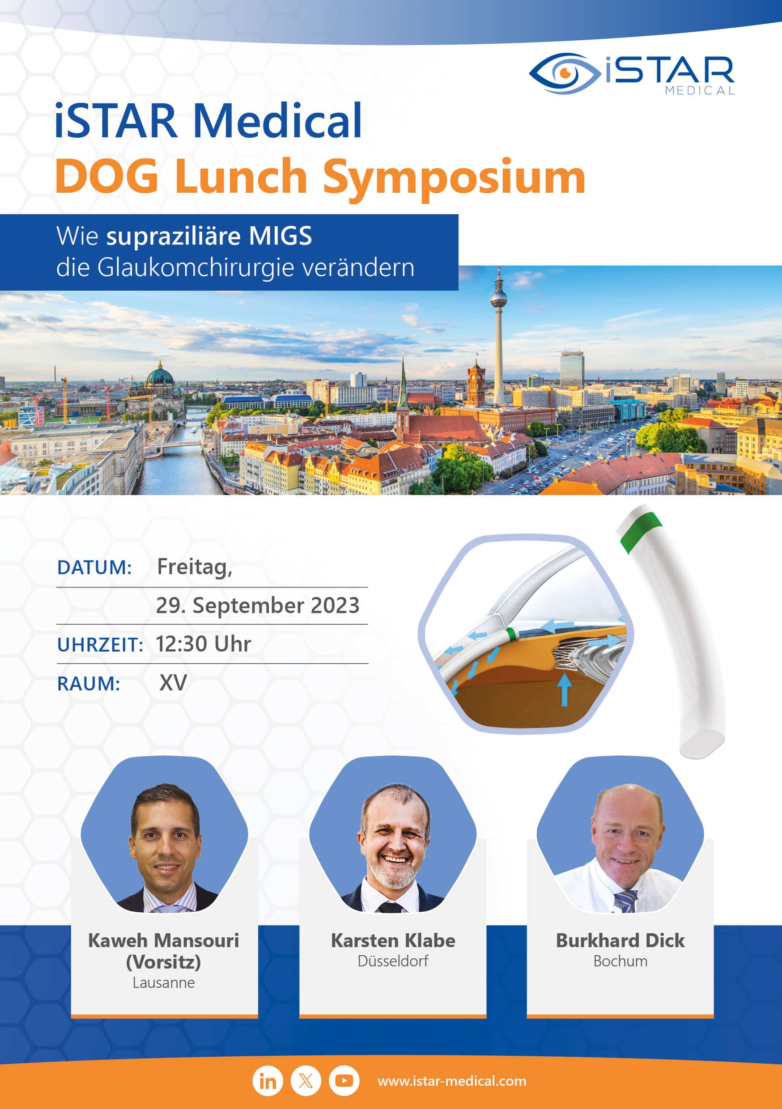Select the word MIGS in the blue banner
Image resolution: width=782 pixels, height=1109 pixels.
tap(280, 236)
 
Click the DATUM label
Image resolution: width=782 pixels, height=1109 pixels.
tap(94, 567)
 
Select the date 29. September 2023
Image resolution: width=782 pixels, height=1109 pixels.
tap(258, 605)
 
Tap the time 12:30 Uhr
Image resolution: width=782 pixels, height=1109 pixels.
tap(203, 644)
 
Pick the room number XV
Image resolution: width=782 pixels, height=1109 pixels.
tap(173, 683)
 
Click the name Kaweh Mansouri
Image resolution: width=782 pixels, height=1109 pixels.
tap(163, 940)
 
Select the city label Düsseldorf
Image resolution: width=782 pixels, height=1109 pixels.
tap(393, 961)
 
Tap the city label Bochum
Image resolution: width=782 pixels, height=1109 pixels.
tap(620, 961)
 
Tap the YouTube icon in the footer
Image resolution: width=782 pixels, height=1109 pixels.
tap(344, 1080)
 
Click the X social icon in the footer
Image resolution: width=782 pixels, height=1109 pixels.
tap(306, 1080)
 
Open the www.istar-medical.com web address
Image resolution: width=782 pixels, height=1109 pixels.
tap(452, 1081)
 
